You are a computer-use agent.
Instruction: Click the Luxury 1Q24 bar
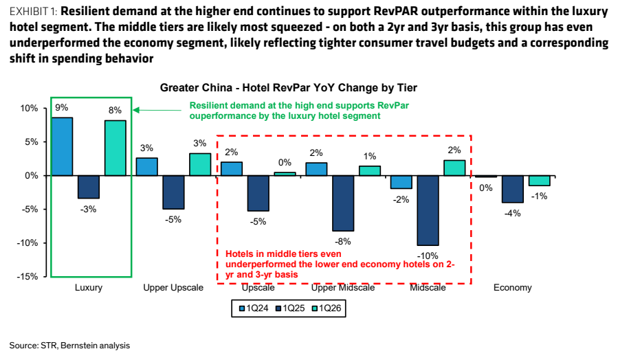[63, 146]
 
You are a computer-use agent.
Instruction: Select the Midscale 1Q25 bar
[428, 210]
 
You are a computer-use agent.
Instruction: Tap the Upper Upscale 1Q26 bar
[200, 164]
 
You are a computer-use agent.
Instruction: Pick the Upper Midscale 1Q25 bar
[343, 203]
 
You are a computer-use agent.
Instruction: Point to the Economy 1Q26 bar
[539, 181]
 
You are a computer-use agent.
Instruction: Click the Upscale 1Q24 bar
[232, 168]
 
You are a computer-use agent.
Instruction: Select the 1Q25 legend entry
[290, 308]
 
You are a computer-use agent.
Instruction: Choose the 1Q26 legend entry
[327, 308]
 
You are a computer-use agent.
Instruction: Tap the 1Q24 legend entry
[254, 308]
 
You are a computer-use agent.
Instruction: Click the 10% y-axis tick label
[29, 109]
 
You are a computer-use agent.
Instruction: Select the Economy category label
[512, 288]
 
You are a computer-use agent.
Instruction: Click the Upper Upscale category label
[173, 288]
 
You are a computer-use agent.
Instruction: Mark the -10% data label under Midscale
[428, 256]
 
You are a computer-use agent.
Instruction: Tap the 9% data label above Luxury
[61, 108]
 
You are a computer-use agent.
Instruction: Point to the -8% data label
[342, 241]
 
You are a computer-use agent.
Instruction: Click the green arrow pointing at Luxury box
[157, 110]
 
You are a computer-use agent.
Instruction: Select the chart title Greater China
[289, 87]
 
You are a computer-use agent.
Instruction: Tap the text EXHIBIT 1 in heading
[34, 12]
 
